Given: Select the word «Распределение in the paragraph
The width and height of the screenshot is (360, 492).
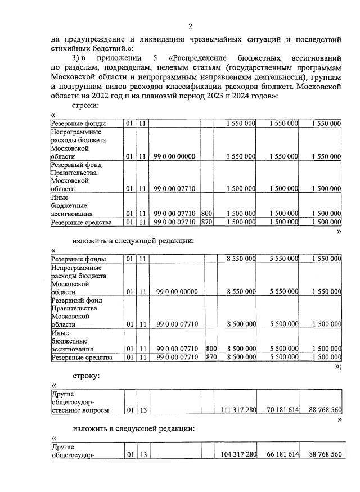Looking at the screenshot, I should pos(199,58).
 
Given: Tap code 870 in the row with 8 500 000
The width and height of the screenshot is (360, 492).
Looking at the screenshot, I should pos(211,357).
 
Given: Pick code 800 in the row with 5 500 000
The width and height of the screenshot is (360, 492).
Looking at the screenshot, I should pos(211,349).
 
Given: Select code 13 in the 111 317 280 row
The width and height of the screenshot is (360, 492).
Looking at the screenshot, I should pos(143,410).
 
